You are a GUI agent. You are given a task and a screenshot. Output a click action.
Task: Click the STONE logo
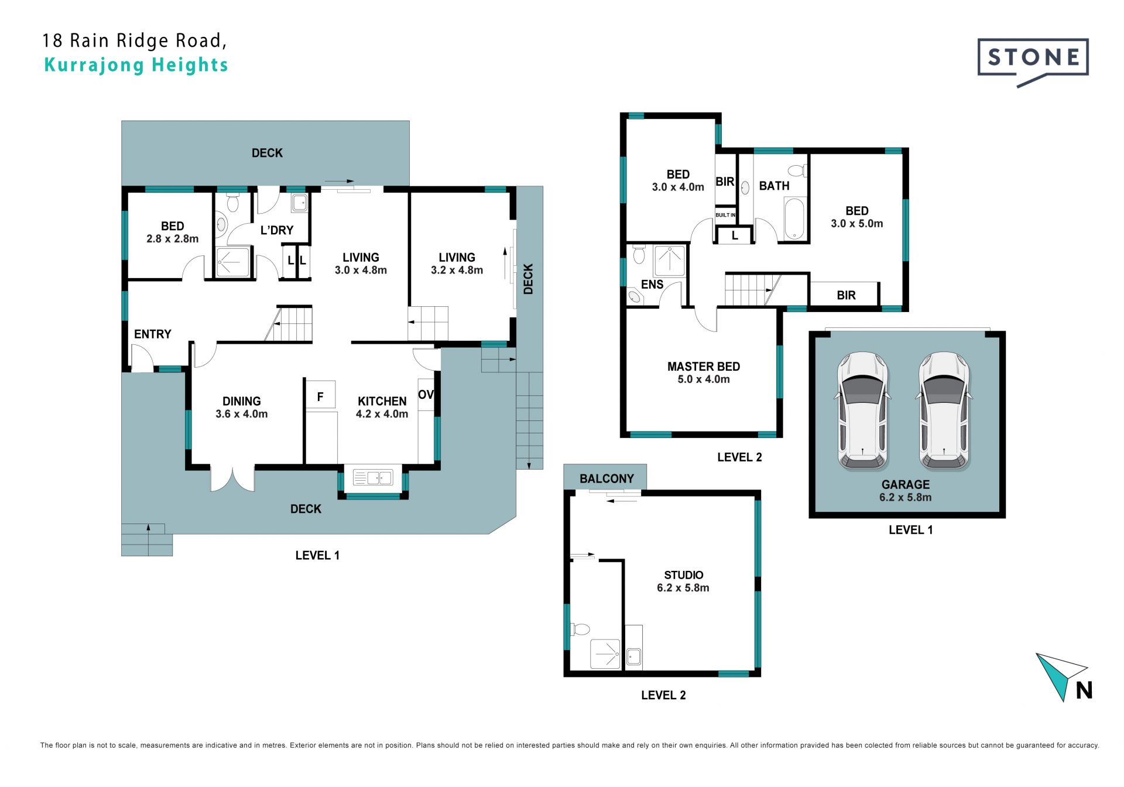(1033, 61)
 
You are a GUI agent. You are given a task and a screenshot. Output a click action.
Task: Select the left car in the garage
(862, 411)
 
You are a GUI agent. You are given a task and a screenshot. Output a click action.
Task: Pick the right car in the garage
(944, 411)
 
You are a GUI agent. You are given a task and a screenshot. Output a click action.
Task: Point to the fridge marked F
(320, 395)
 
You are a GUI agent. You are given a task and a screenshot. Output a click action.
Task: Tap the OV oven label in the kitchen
(426, 395)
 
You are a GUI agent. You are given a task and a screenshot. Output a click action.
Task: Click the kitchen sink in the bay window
(373, 478)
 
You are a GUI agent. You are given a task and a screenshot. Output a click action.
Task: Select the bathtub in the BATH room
(794, 219)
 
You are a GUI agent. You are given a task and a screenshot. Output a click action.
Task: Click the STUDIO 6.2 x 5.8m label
(683, 581)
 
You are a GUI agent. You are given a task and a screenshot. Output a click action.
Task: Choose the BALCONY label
(606, 478)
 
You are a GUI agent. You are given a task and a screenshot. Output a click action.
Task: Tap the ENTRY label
(153, 334)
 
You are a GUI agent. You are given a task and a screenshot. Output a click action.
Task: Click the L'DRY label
(277, 230)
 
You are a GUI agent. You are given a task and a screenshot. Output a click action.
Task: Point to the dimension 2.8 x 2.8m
(173, 239)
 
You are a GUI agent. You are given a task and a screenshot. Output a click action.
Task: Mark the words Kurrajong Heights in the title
(136, 65)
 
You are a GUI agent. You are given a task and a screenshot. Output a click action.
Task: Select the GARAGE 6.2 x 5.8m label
(906, 491)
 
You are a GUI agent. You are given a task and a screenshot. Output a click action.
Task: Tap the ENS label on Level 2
(652, 285)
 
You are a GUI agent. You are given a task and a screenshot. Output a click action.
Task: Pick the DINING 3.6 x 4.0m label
(242, 408)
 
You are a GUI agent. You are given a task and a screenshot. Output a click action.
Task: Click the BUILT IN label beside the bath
(725, 215)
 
